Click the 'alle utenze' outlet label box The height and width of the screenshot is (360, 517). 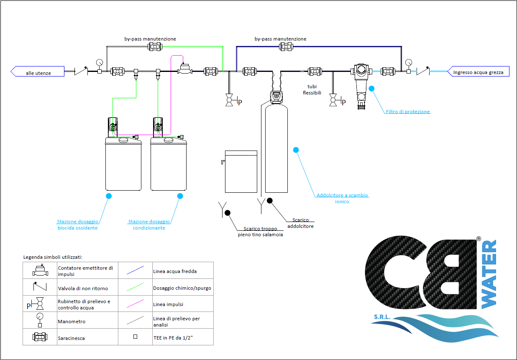pos(38,71)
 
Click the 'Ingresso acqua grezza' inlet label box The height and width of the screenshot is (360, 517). pos(478,71)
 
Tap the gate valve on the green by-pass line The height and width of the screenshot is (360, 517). pos(155,47)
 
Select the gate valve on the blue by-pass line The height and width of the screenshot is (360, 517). pos(286,47)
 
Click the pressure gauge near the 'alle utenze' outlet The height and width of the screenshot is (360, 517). pos(100,66)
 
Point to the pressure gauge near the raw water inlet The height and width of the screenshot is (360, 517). pos(409,66)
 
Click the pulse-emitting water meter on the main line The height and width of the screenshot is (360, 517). pos(184,69)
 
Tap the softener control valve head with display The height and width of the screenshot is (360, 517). pos(276,97)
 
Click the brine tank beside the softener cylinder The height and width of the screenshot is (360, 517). pos(241,171)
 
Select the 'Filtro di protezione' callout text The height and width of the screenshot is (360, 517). pos(407,112)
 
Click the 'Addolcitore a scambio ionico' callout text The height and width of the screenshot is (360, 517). pos(342,198)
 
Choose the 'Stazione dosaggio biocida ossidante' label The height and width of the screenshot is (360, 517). pos(77,225)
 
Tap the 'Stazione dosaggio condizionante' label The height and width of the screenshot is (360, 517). pos(149,225)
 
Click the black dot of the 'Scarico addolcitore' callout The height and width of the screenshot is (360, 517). pos(269,201)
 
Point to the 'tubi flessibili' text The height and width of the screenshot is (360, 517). pos(312,89)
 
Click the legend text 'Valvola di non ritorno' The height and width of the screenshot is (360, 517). pos(83,289)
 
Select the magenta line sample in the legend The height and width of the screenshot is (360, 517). pos(135,304)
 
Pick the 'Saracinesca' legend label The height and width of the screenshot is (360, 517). pos(71,338)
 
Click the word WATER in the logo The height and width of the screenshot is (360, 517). pos(489,274)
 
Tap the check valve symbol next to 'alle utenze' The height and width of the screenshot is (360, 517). pos(81,71)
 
